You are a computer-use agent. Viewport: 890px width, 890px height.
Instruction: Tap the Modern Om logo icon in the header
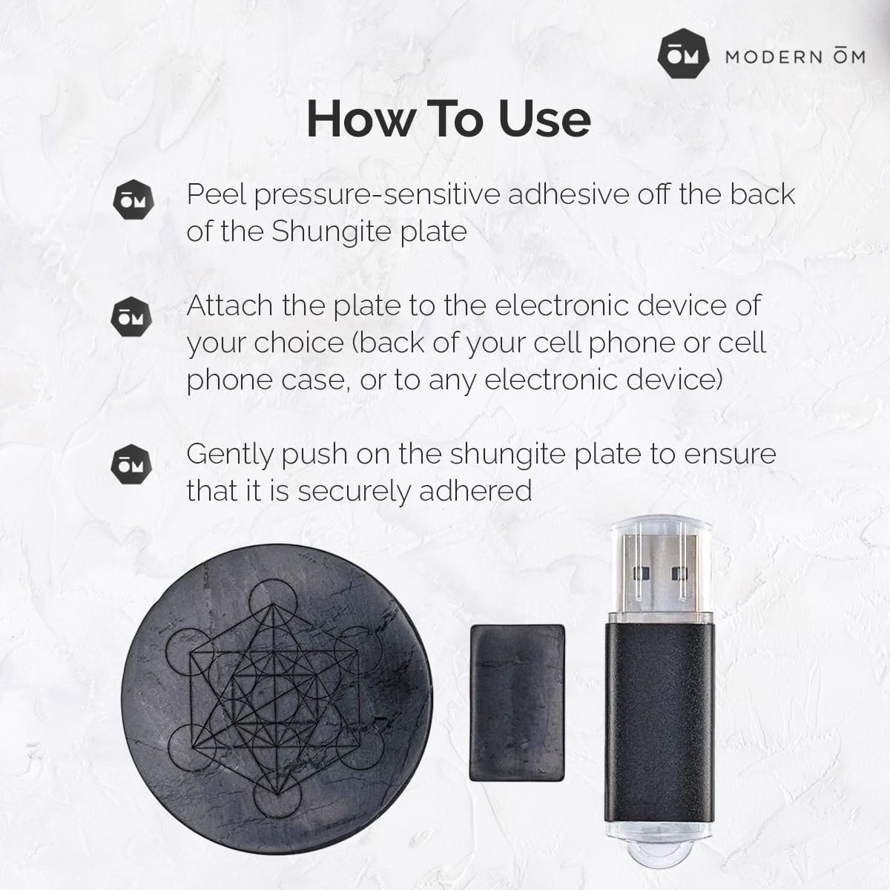(683, 56)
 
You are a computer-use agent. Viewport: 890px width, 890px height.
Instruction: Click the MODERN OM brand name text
(794, 57)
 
